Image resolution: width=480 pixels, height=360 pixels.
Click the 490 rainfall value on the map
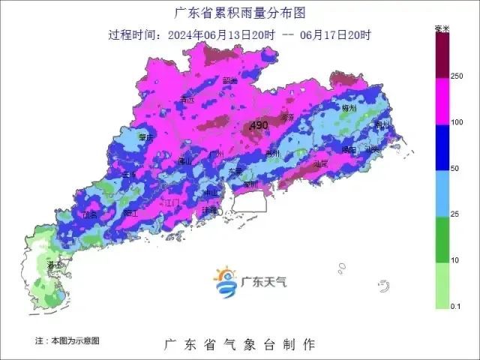coord(259,124)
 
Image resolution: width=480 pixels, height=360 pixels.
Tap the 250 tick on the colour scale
coord(457,76)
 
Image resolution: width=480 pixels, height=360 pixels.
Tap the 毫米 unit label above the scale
coord(442,29)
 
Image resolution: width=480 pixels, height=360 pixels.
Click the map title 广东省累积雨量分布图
coord(239,13)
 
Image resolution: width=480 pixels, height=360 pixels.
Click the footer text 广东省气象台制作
coord(239,344)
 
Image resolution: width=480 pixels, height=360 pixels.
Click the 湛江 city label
coord(55,265)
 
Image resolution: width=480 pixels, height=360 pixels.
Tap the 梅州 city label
coord(349,108)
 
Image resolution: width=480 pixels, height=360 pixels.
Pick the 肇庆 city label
coord(146,137)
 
